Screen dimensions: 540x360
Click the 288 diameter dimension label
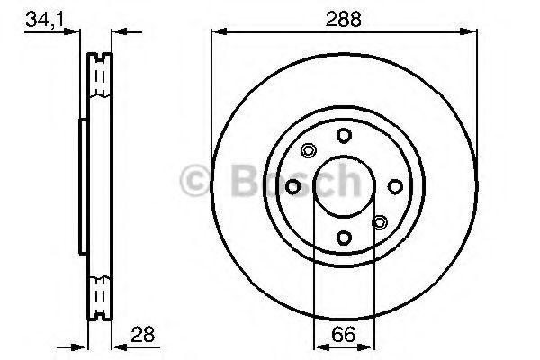coord(344,19)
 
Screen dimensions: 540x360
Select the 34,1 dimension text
coord(45,20)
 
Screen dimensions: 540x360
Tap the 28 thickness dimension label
coord(142,334)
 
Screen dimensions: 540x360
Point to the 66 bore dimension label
coord(344,334)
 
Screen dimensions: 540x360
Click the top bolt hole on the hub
coord(344,136)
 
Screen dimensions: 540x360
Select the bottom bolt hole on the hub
coord(344,238)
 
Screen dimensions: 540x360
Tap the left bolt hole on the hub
coord(293,187)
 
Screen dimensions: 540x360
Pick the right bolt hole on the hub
coord(395,186)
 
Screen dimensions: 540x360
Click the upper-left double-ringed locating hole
coord(308,150)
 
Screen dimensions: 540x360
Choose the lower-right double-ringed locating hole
coord(380,222)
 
